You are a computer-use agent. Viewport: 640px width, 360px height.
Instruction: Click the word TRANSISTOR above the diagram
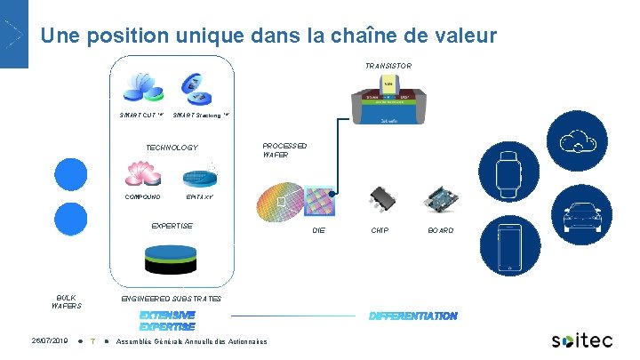click(x=388, y=66)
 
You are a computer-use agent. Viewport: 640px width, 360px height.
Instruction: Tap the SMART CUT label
click(x=141, y=115)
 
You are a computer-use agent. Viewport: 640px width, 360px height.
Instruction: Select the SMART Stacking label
click(x=201, y=115)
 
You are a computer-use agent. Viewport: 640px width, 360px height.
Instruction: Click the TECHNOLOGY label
click(x=172, y=148)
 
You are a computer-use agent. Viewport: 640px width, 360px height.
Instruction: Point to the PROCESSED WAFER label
click(x=284, y=150)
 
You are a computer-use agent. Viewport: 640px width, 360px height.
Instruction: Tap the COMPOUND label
click(x=142, y=196)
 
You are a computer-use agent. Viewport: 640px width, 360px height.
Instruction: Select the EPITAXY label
click(x=199, y=196)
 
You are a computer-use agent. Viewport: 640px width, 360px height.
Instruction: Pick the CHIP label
click(x=380, y=231)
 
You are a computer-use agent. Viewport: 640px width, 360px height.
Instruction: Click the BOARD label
click(x=440, y=231)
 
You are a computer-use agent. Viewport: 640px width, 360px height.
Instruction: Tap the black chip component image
click(x=381, y=198)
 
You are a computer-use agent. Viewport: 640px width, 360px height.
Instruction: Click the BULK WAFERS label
click(x=66, y=302)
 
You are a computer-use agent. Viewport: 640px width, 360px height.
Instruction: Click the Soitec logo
click(x=581, y=340)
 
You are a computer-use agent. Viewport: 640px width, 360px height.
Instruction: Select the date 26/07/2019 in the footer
click(x=50, y=340)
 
